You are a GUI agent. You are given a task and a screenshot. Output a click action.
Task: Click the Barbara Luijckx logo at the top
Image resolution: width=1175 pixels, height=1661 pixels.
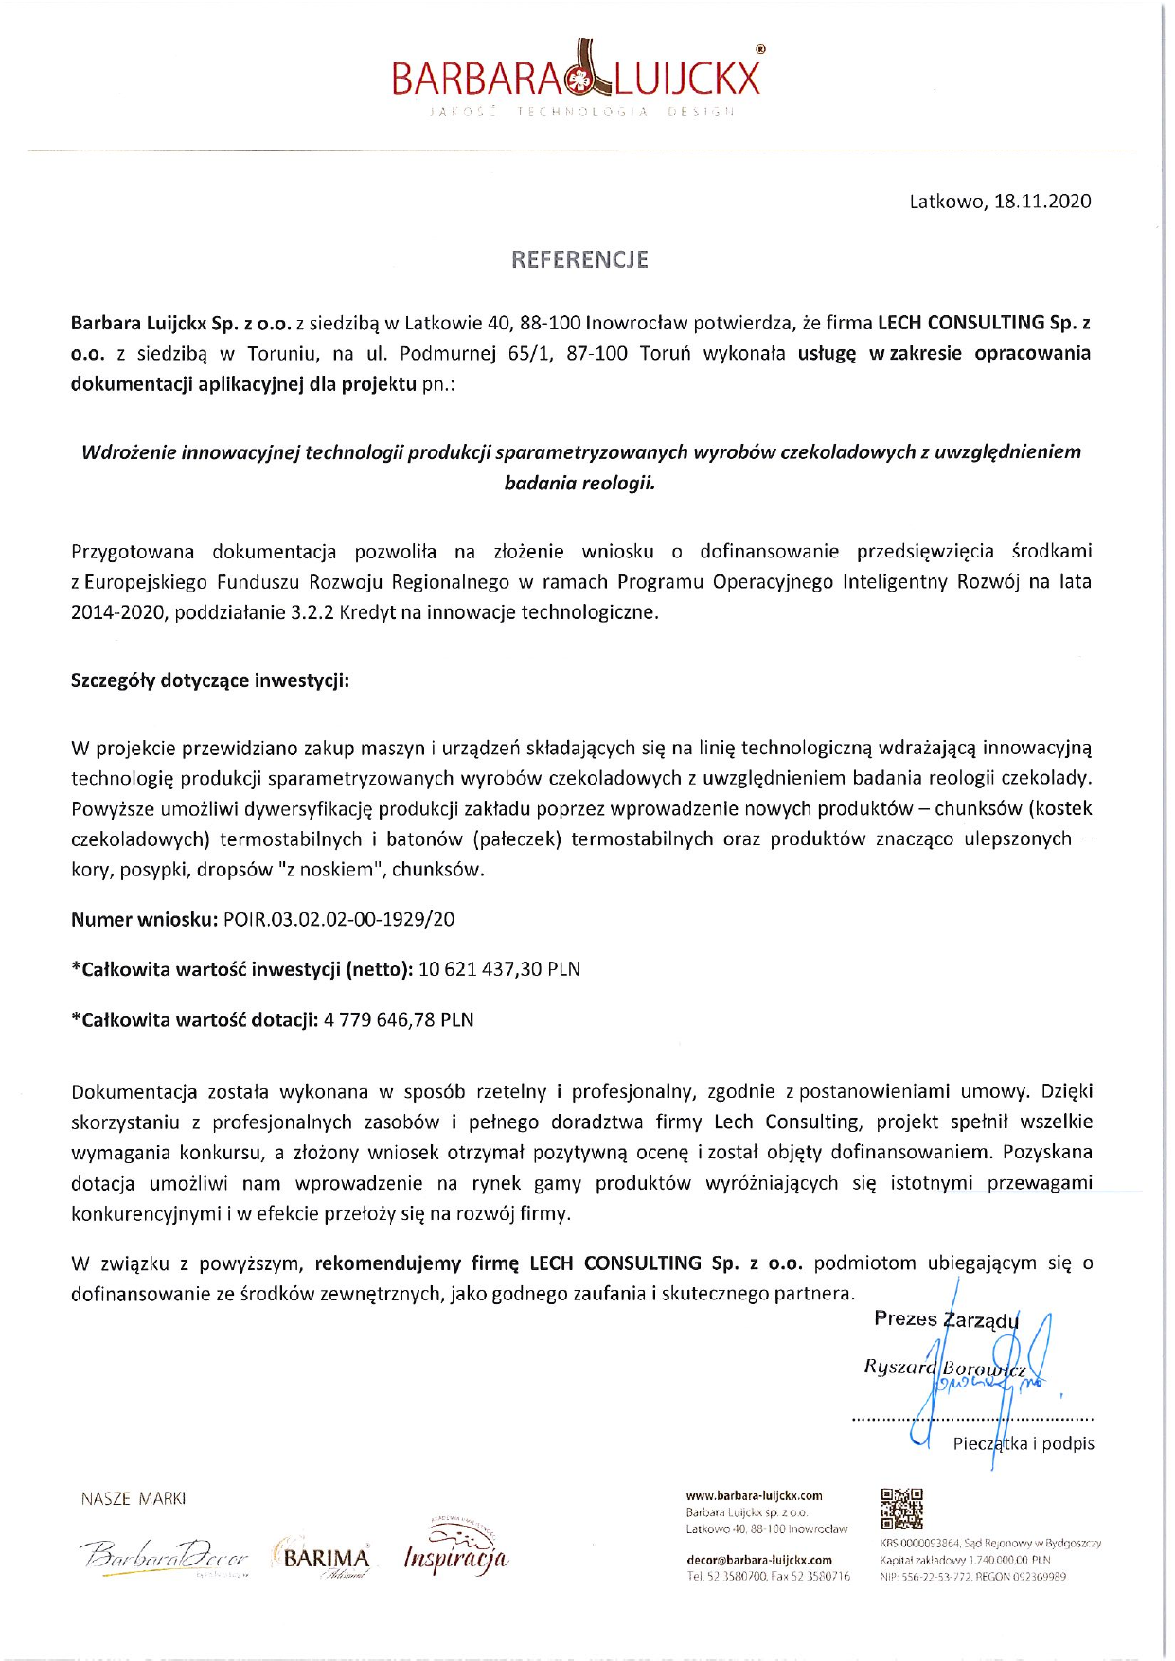coord(577,76)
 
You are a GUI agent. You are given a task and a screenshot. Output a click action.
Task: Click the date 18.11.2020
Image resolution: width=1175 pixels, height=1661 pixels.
coord(1042,202)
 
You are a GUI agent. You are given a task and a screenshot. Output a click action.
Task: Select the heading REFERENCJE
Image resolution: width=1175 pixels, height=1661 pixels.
coord(579,259)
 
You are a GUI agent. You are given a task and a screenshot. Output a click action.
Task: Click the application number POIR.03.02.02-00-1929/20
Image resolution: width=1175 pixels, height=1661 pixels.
coord(339,919)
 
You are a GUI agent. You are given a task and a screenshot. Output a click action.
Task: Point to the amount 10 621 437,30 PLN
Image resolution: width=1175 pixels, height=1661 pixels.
coord(499,969)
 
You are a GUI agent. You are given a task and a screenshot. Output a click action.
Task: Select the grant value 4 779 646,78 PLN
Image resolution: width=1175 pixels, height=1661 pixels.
coord(399,1020)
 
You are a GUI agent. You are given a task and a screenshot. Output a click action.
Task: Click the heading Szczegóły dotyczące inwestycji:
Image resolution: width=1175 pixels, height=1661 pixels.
coord(210,680)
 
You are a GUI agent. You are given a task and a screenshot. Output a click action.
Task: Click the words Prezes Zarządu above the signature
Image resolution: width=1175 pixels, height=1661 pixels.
coord(946,1319)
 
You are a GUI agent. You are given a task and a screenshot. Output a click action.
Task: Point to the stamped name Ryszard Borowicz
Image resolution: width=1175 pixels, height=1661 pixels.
coord(944,1368)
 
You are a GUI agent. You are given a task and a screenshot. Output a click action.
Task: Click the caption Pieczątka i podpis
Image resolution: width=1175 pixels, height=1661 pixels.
coord(1023,1443)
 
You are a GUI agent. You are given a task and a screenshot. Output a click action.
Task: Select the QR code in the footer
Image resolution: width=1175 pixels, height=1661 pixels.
coord(901,1509)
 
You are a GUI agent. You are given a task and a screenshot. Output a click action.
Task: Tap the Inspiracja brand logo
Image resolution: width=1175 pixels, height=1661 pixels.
coord(455,1552)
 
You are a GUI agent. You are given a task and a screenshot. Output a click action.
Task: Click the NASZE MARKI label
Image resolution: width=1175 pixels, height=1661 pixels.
coord(134,1499)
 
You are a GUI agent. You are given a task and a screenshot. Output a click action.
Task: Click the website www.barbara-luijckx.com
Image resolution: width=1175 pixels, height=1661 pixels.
coord(754,1496)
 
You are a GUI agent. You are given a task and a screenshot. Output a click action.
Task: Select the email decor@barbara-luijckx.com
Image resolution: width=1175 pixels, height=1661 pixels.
coord(758,1560)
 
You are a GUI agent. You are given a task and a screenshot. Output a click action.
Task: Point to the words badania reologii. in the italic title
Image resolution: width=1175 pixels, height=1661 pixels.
coord(579,483)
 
